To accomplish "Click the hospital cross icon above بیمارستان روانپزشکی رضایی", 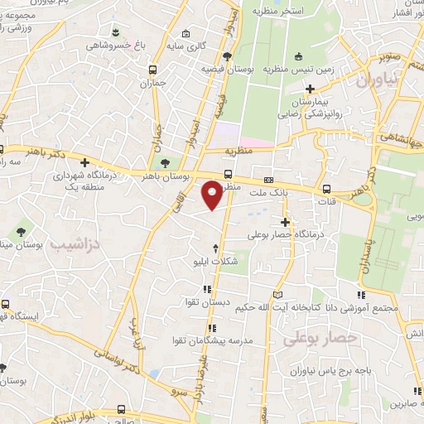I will coord(311,88).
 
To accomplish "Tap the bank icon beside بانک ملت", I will coord(268,180).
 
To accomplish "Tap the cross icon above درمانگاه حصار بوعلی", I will coord(286,221).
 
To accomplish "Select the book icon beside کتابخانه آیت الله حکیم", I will coord(277,296).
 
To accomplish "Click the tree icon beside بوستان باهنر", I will coord(167,162).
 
